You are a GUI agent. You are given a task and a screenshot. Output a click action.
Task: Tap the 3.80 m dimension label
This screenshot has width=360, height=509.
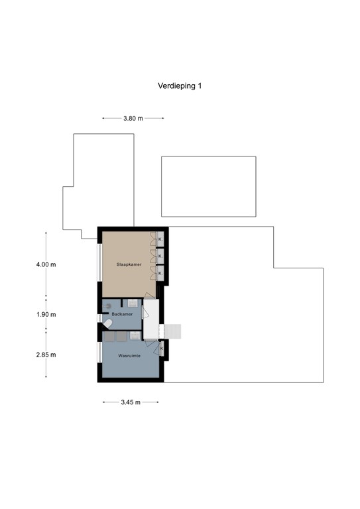point(133,119)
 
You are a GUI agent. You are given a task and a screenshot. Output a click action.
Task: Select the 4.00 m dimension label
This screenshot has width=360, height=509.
point(46,264)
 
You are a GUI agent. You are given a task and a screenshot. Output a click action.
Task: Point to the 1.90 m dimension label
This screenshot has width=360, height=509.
point(46,314)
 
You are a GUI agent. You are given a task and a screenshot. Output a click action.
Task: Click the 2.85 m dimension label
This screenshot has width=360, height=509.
point(46,355)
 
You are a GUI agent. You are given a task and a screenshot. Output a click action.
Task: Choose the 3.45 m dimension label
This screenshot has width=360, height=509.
point(131,402)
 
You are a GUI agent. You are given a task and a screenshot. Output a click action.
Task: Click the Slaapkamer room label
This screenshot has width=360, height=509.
point(129,264)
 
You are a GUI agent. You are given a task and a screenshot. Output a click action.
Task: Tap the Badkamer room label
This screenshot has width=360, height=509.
point(122,314)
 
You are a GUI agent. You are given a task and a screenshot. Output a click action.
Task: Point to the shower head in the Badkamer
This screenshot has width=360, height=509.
point(108,306)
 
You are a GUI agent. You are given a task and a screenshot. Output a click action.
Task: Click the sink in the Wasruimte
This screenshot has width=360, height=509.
point(135,335)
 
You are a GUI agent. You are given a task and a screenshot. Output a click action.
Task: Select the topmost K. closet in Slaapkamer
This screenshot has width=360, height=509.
point(160,239)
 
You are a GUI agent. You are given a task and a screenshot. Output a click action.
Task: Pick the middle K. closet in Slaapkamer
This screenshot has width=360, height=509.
point(160,254)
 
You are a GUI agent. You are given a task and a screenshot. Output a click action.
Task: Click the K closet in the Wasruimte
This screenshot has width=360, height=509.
point(161,348)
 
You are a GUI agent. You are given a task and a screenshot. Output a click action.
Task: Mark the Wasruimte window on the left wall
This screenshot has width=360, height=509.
point(99,351)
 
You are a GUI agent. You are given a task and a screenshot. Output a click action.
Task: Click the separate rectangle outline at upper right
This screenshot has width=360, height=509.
point(208,186)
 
